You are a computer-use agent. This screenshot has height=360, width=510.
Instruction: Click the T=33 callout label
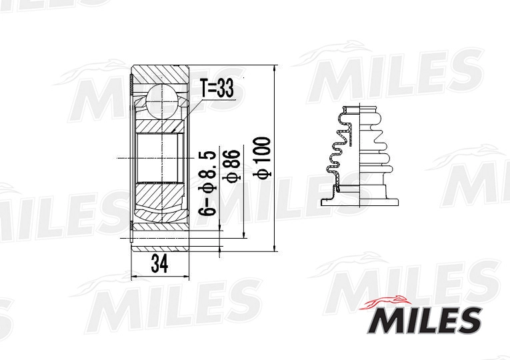(x=217, y=88)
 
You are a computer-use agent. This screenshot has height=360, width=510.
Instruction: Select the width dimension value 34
(x=159, y=265)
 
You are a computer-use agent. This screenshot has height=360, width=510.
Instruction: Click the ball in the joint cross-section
(x=161, y=101)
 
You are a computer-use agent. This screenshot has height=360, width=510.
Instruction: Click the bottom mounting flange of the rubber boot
(x=360, y=199)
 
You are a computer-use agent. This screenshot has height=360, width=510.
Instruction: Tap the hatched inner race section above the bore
(x=161, y=126)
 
